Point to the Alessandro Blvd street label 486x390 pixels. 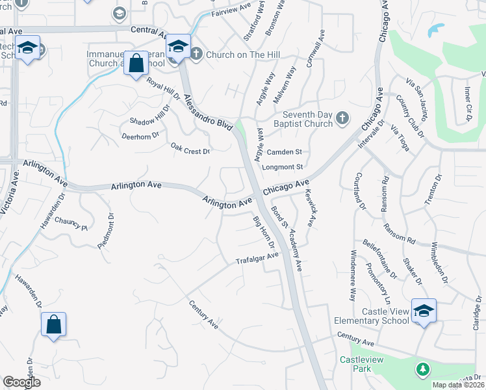pos(207,113)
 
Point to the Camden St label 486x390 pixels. pos(285,152)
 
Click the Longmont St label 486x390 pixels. pos(283,167)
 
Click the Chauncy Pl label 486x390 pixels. pos(71,224)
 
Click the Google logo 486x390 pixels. pos(21,382)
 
